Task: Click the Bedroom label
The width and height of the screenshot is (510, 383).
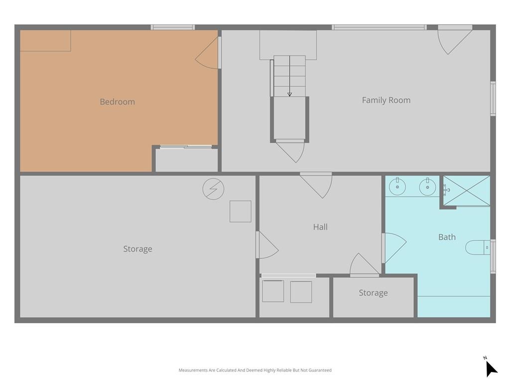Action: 117,102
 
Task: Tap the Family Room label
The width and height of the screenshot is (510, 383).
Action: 386,100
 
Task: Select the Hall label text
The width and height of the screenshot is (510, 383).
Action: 320,227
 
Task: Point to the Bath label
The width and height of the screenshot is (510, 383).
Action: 447,237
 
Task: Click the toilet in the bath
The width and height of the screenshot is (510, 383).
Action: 478,247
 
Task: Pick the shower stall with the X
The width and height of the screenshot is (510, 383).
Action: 467,191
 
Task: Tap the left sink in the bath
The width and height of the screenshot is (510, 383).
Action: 397,187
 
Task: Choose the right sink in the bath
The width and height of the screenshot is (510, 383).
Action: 427,187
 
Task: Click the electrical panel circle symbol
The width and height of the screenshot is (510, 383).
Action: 213,189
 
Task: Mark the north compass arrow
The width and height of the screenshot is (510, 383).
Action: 491,369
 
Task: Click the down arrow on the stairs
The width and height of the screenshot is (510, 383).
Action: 289,76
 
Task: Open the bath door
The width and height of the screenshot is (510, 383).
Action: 394,248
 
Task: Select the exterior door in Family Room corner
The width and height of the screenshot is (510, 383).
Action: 455,40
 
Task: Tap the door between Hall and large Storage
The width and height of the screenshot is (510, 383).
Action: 267,245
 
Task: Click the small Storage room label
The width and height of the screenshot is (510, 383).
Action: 373,293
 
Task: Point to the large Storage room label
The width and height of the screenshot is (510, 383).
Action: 137,249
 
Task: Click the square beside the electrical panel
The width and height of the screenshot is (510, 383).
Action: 241,211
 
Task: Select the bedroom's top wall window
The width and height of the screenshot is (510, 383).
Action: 173,27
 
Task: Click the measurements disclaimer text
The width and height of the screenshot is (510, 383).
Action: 255,370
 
